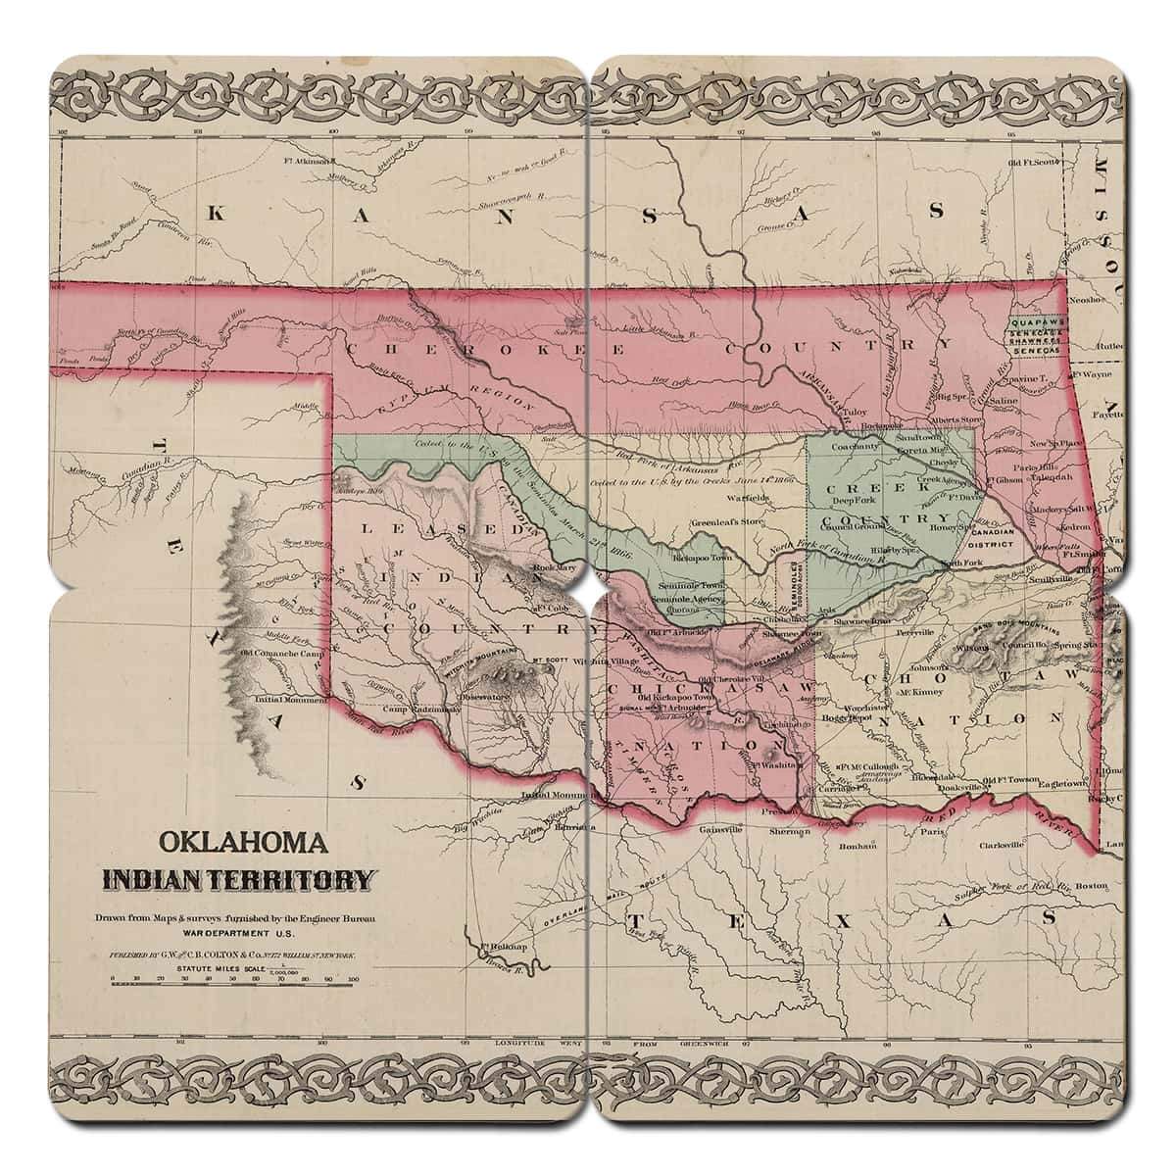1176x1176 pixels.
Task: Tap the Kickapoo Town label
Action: point(701,558)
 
